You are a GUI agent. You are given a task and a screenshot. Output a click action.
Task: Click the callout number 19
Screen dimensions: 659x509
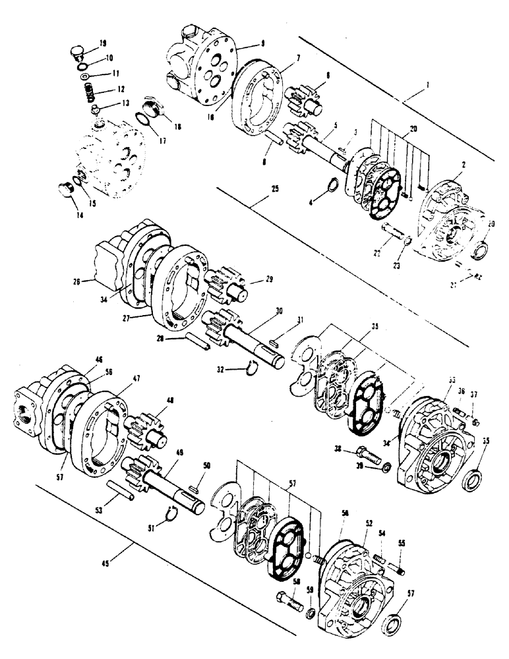coord(103,43)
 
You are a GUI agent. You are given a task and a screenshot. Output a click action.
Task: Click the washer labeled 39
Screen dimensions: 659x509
coord(382,467)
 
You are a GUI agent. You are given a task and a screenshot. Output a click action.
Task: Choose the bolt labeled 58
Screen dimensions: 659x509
coord(289,602)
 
